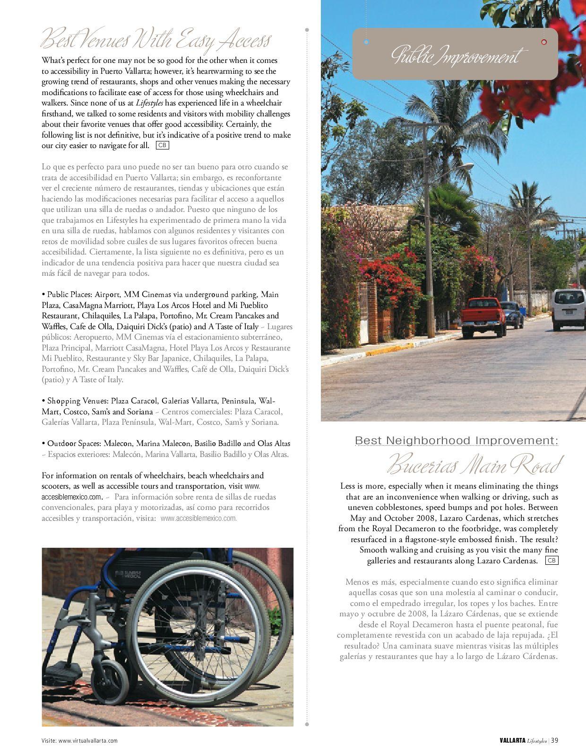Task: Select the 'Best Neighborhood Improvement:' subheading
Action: click(456, 440)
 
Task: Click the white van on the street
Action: click(569, 309)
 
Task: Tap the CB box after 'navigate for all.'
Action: click(162, 145)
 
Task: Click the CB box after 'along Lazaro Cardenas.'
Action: click(552, 561)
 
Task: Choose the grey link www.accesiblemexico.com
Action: click(198, 518)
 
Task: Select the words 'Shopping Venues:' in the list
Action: click(75, 401)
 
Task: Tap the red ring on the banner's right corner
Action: click(544, 42)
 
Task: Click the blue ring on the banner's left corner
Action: click(366, 42)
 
